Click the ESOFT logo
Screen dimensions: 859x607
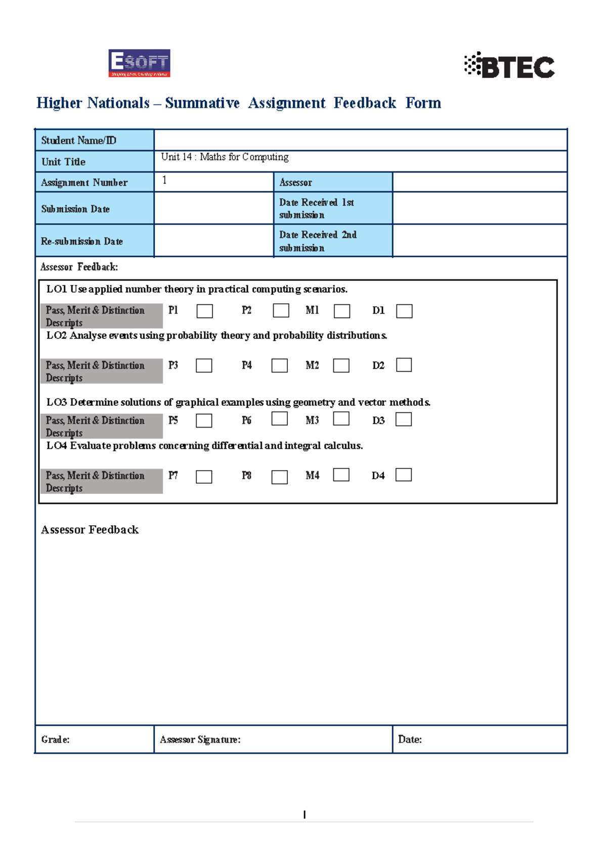point(139,63)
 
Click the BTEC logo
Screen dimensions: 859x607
point(510,66)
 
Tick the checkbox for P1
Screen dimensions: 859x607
point(204,311)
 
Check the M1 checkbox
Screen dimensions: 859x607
point(342,311)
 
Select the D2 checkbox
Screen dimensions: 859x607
point(404,365)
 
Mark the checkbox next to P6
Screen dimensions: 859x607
point(280,418)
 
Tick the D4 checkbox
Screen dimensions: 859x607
point(403,475)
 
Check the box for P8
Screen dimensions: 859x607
point(280,477)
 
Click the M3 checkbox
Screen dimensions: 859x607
point(341,418)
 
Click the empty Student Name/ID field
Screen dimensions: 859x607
point(360,140)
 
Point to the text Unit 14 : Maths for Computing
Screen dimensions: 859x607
point(225,157)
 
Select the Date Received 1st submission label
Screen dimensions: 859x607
point(316,209)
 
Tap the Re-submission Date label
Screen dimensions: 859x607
point(82,242)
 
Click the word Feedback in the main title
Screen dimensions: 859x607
point(365,103)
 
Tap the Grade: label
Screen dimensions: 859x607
point(56,739)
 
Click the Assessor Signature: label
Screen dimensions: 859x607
point(200,739)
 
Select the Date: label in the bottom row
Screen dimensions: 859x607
point(410,739)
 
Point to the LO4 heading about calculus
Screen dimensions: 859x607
point(204,446)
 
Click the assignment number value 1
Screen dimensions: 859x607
point(164,180)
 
